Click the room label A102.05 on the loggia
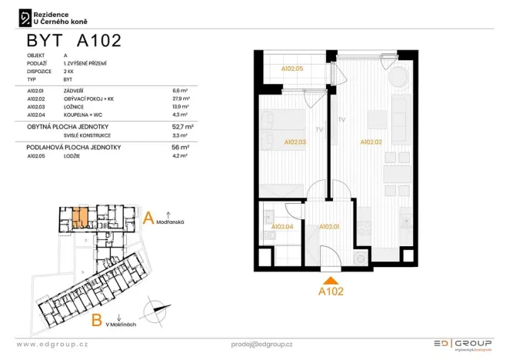pos(292,68)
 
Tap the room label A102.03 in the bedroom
pos(295,142)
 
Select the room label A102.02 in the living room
pos(371,142)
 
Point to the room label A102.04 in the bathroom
pos(282,227)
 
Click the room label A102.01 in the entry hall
pos(329,227)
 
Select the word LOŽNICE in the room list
pos(76,106)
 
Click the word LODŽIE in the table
pos(74,155)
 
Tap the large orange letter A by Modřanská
pos(149,218)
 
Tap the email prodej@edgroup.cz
pos(261,344)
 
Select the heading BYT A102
pos(73,41)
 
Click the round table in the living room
pos(398,78)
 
